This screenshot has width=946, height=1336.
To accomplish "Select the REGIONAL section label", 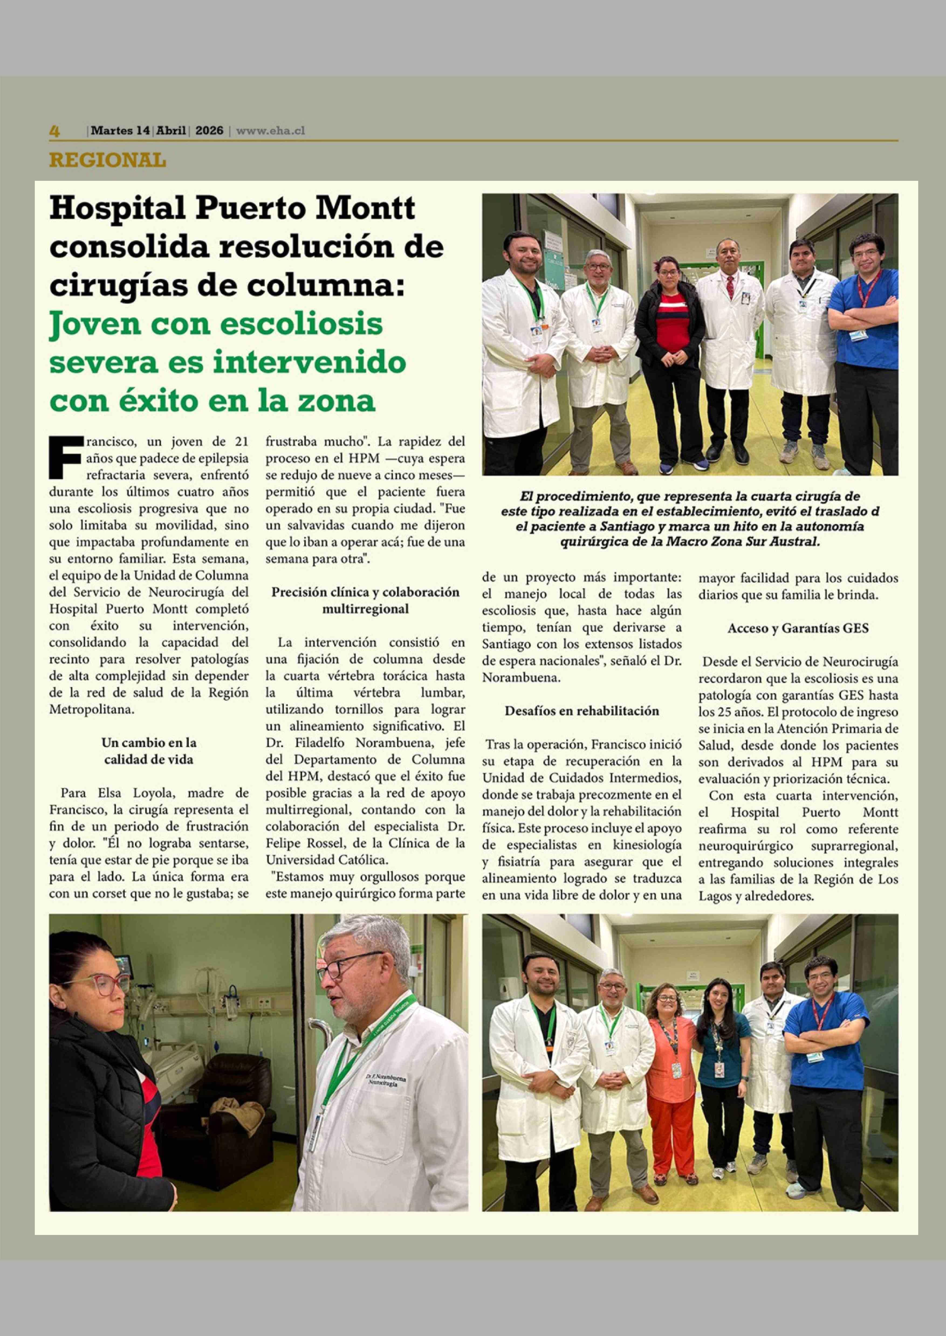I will (107, 160).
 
